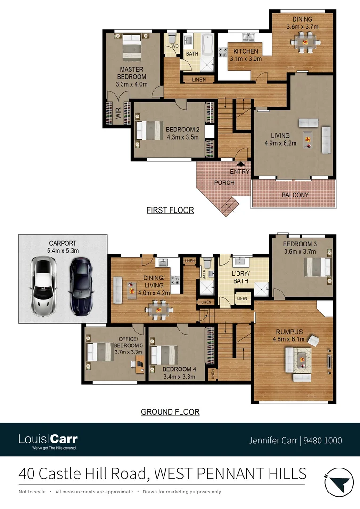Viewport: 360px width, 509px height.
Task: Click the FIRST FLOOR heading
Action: point(170,210)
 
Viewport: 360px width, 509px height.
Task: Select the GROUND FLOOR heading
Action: point(170,412)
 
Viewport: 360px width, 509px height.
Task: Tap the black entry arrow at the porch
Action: point(240,164)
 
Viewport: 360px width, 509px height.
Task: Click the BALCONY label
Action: point(295,195)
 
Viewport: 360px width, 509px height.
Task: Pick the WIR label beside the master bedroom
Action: point(118,113)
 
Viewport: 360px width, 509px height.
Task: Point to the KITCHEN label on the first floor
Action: point(245,51)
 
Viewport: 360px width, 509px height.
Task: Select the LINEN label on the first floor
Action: point(199,80)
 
